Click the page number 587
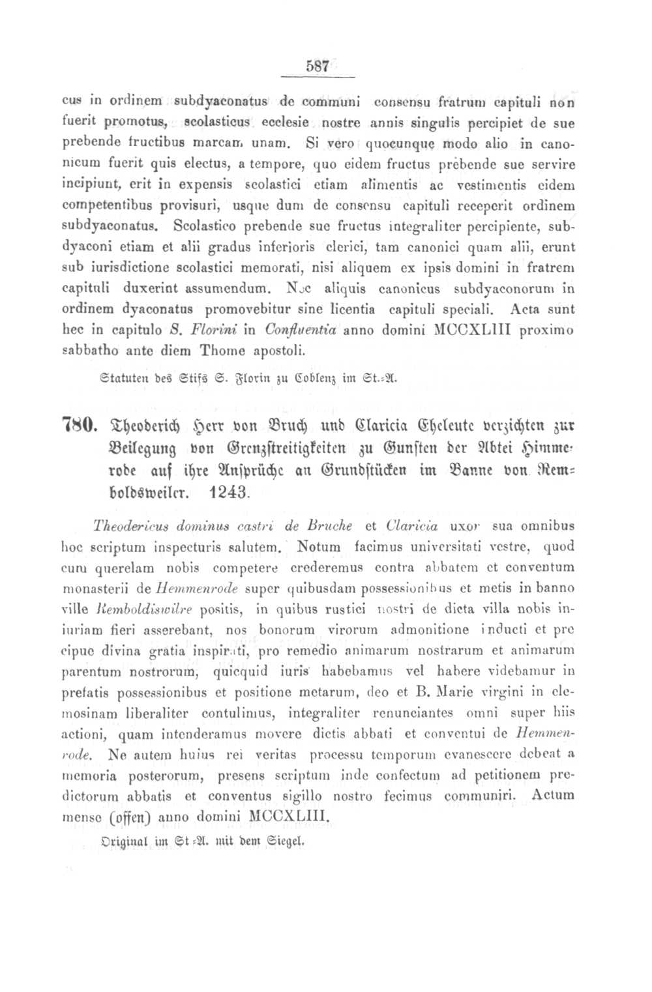pos(316,67)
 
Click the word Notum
pos(319,546)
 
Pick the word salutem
pos(262,546)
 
